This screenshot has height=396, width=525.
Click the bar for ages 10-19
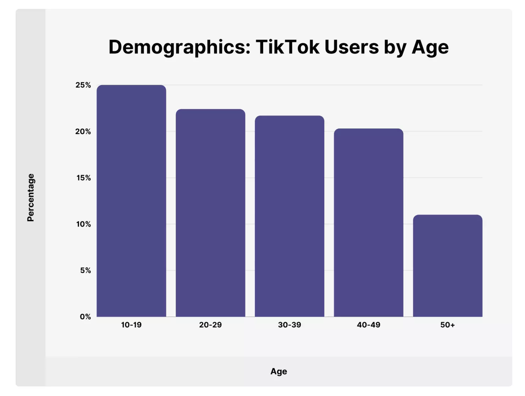pos(131,201)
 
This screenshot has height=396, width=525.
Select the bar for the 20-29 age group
pos(210,213)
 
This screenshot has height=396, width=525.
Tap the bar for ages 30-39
pos(289,216)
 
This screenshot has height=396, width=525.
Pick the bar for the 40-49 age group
pos(369,222)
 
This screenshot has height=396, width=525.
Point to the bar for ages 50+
pos(448,266)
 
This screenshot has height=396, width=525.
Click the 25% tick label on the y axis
pos(83,85)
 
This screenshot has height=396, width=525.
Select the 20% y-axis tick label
pos(83,132)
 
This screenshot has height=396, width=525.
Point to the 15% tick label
pos(84,178)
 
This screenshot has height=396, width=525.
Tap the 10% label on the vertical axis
pos(84,224)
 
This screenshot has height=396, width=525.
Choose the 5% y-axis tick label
pos(85,270)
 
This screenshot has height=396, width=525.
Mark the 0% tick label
pos(85,317)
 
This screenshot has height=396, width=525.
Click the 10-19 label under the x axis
pos(131,325)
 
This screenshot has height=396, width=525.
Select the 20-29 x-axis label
pos(210,325)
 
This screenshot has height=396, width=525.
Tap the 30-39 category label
pos(289,325)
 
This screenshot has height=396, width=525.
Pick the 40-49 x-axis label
pos(369,325)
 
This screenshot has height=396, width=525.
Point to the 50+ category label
pos(448,325)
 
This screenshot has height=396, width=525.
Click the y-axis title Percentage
pos(31,198)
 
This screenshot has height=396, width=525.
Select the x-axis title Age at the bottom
pos(279,372)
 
